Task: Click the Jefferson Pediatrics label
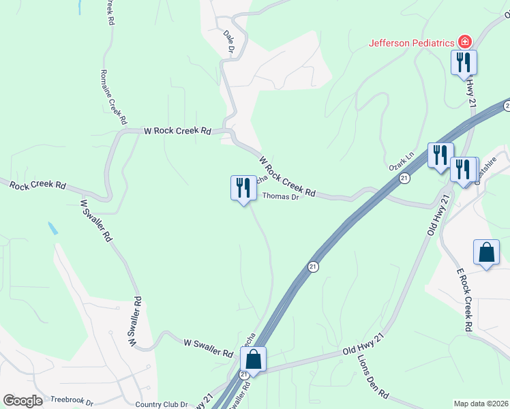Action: click(x=411, y=43)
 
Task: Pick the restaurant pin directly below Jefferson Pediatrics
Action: click(x=464, y=63)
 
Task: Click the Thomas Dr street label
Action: click(x=281, y=197)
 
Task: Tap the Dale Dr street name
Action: click(x=229, y=42)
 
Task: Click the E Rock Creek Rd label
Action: click(x=464, y=300)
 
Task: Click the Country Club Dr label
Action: click(x=161, y=404)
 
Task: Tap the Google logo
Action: click(x=23, y=401)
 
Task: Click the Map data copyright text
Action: click(x=481, y=404)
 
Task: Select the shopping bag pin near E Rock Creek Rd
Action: click(x=487, y=253)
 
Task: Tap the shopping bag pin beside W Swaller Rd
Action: click(x=253, y=359)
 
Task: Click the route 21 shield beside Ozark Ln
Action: click(x=404, y=178)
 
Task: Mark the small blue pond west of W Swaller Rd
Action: click(x=53, y=228)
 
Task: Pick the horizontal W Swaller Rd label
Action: click(x=209, y=348)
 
